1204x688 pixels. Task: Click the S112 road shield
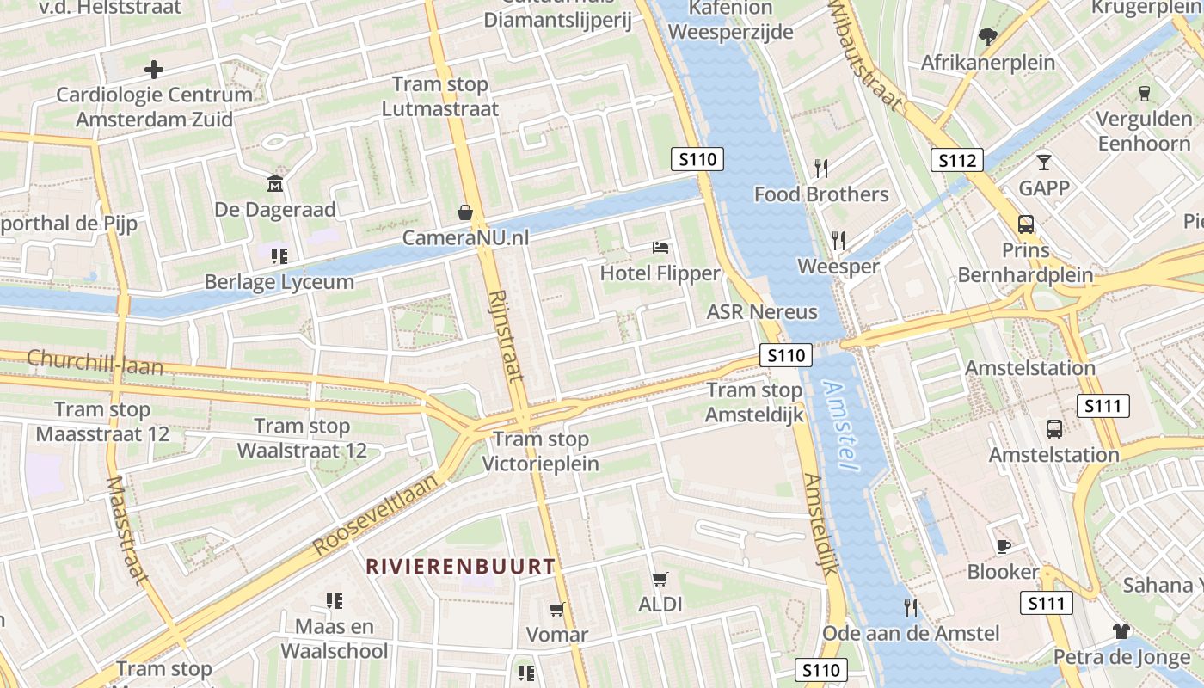(x=956, y=160)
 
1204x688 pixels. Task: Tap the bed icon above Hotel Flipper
(x=660, y=249)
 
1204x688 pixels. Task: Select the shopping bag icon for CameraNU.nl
(x=465, y=212)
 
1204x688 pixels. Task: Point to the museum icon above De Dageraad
(x=275, y=183)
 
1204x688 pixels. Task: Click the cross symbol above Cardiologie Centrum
(x=154, y=69)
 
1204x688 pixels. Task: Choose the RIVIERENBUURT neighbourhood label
(x=460, y=566)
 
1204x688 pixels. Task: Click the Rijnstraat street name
(x=505, y=335)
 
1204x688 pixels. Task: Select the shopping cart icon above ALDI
(x=660, y=579)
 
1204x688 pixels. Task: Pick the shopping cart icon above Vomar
(x=557, y=609)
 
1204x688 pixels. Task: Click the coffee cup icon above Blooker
(x=1003, y=546)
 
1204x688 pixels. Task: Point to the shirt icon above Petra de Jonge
(x=1121, y=631)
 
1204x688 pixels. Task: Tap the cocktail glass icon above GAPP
(x=1044, y=162)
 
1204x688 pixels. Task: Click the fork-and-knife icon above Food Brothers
(x=821, y=168)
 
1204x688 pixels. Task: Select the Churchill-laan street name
(x=95, y=361)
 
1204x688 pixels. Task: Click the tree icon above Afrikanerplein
(x=987, y=36)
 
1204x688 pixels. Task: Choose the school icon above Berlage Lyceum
(x=279, y=255)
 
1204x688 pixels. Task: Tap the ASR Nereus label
(x=762, y=311)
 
